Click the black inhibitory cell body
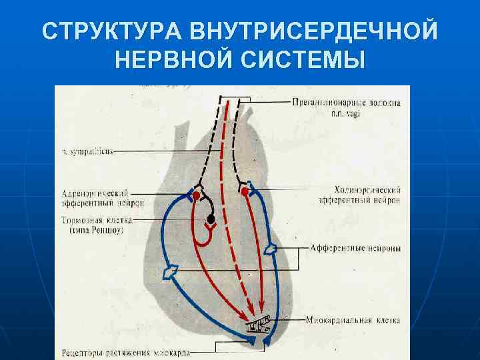point(211,219)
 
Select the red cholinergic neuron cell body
point(245,192)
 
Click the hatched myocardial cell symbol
point(259,325)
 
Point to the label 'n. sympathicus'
point(86,151)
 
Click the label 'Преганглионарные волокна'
point(346,102)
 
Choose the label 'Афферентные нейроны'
point(355,248)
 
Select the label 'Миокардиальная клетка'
point(353,321)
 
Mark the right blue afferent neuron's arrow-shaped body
point(271,249)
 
